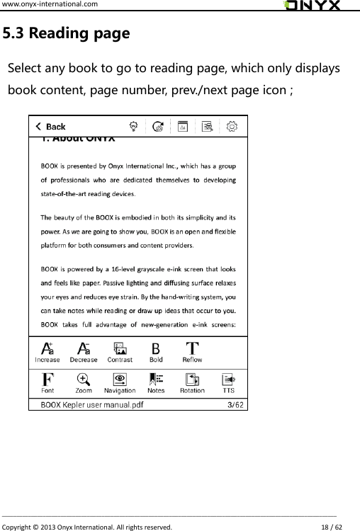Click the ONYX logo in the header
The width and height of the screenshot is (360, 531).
(x=312, y=6)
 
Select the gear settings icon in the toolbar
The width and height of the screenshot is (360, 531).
(x=231, y=127)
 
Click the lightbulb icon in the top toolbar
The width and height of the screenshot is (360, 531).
(x=133, y=127)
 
